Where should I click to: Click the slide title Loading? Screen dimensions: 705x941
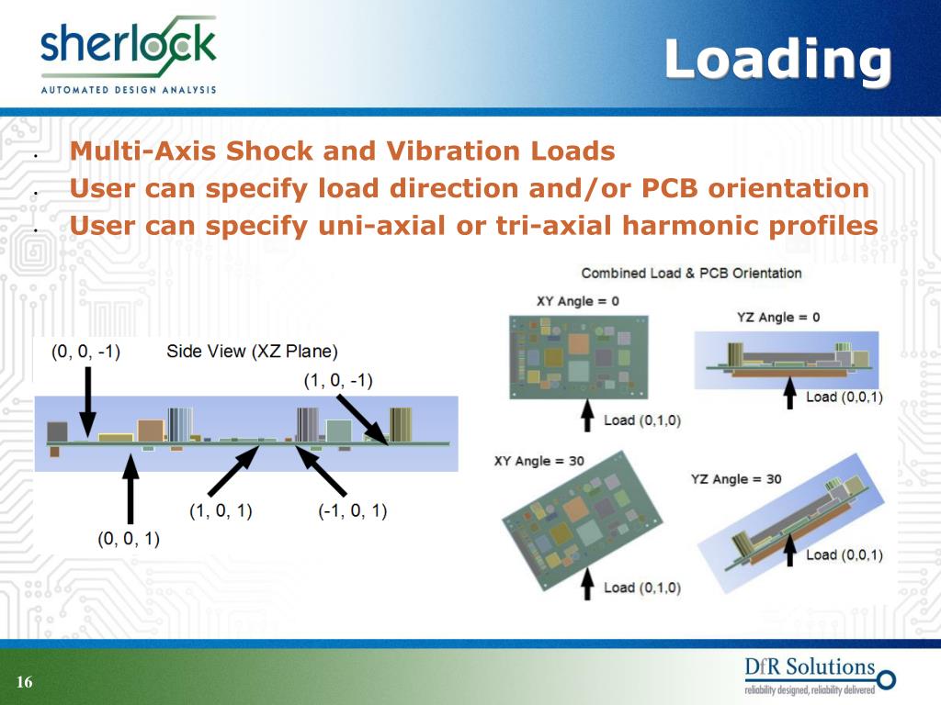click(x=777, y=61)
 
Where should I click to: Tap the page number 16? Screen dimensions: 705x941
click(x=24, y=682)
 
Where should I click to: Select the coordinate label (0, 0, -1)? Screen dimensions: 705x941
click(x=86, y=352)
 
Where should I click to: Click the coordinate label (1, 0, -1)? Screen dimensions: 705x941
click(x=338, y=381)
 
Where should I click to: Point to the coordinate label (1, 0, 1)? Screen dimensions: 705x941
click(x=221, y=511)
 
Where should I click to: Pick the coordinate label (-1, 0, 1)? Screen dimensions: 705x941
click(x=353, y=511)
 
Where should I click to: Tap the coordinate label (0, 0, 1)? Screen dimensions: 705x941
click(x=129, y=539)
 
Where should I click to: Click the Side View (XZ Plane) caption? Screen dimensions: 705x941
click(x=253, y=352)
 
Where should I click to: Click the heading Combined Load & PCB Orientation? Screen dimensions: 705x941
click(x=691, y=273)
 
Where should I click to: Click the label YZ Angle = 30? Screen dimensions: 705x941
click(x=736, y=479)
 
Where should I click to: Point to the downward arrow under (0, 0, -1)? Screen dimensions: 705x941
click(x=87, y=399)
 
